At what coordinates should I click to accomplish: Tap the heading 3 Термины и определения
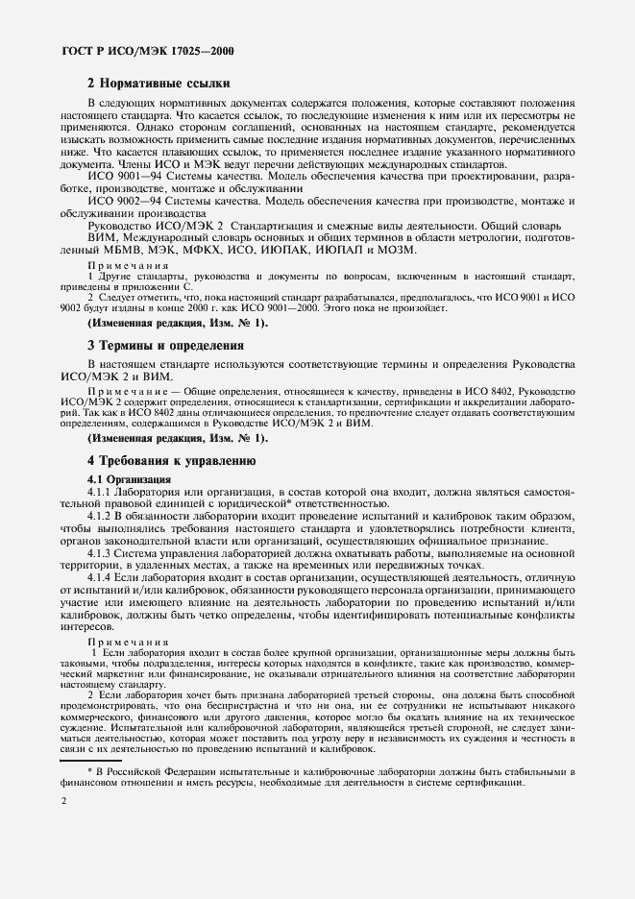166,344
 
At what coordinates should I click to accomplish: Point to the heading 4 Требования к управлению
170,460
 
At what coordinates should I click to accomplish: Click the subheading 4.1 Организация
130,478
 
